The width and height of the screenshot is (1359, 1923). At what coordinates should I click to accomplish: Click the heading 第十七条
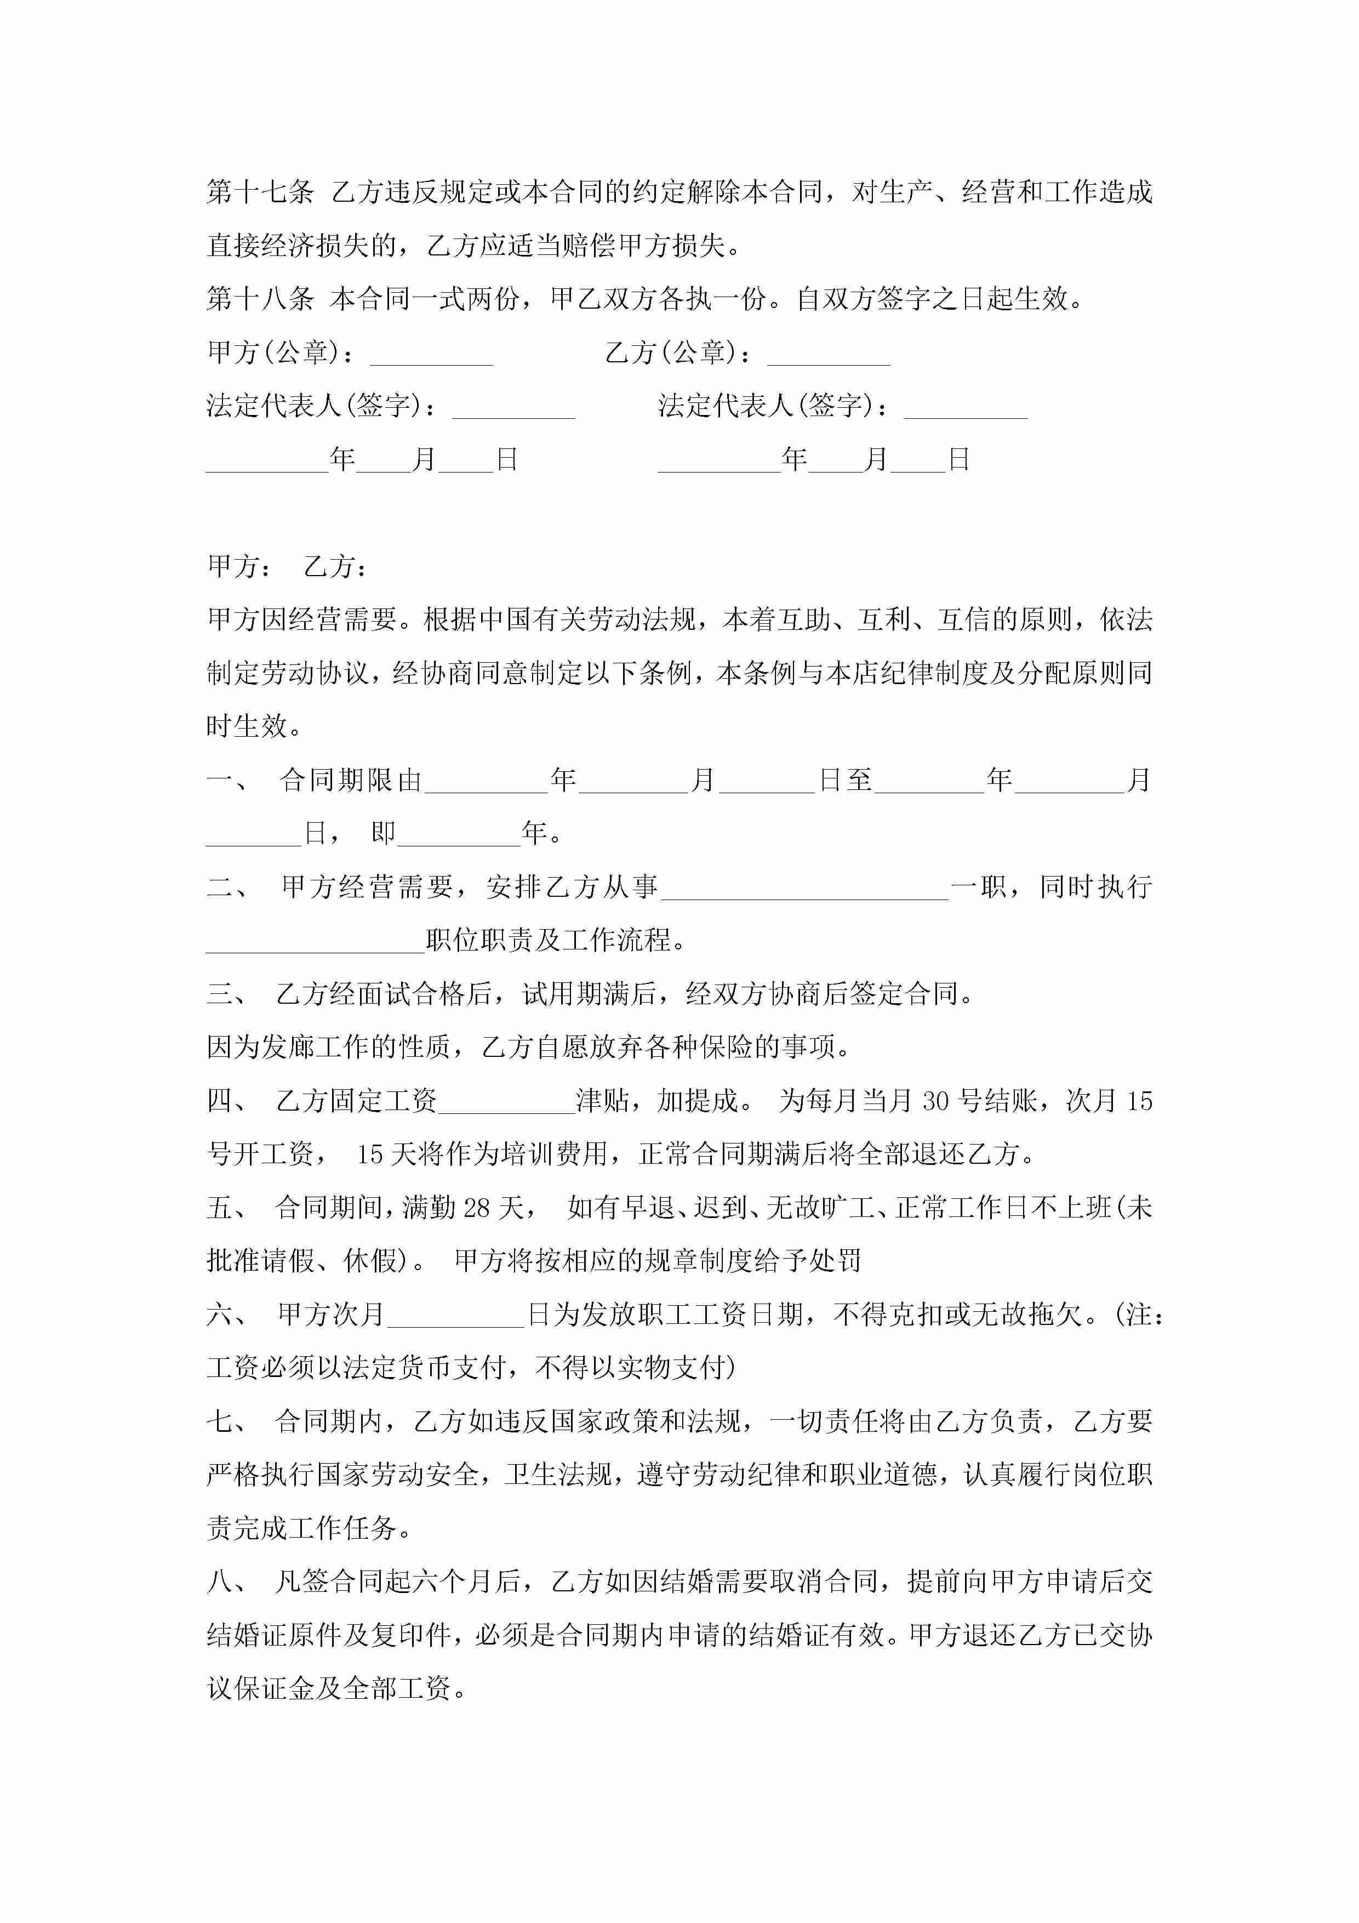(x=260, y=192)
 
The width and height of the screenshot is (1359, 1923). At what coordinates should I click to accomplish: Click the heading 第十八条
(x=260, y=299)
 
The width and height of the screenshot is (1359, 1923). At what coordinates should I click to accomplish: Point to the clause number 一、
(x=226, y=781)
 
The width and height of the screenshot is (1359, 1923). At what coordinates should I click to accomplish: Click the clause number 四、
(x=226, y=1101)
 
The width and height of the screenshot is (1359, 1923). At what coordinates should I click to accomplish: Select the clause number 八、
(x=226, y=1581)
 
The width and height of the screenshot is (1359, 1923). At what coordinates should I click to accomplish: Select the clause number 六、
(x=226, y=1315)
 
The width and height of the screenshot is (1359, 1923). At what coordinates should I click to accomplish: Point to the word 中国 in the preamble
(x=506, y=620)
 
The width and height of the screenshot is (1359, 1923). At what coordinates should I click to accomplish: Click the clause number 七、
(x=226, y=1421)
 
